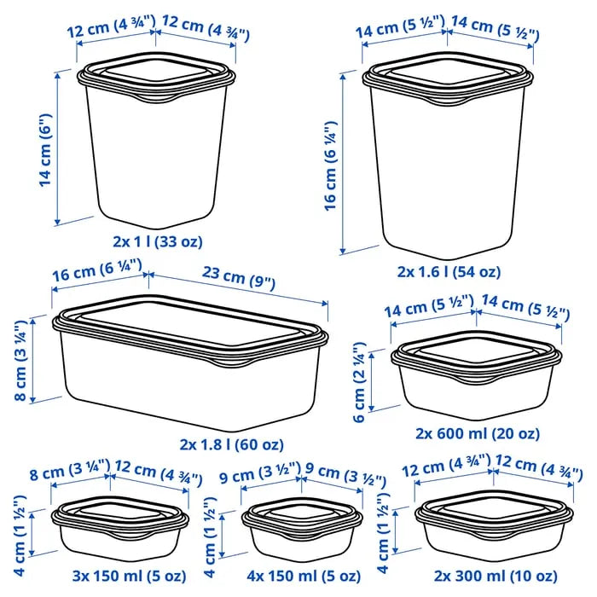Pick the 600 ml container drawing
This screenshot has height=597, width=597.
pyautogui.click(x=478, y=375)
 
